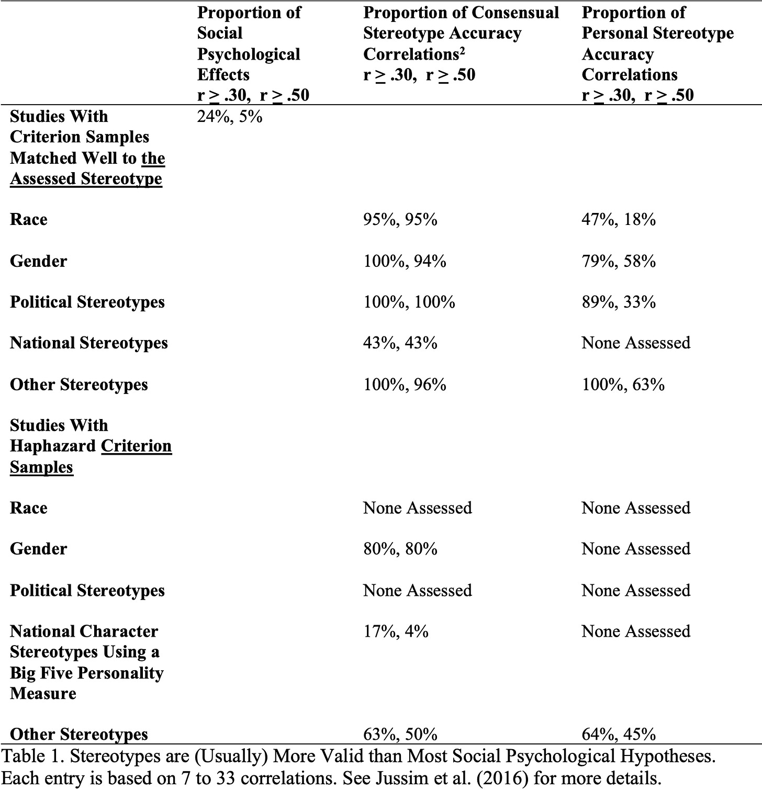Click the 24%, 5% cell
229,116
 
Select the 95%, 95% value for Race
400,219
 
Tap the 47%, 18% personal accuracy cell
618,219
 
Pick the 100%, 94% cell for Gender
405,261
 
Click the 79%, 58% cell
618,261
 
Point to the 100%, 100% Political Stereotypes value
409,302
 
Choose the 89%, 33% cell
618,302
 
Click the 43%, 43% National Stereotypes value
400,343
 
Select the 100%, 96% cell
405,385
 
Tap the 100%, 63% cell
623,385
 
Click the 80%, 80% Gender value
400,549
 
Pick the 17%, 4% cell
396,631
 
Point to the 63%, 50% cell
400,734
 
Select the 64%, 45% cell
618,734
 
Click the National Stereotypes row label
88,343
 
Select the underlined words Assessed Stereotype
86,179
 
